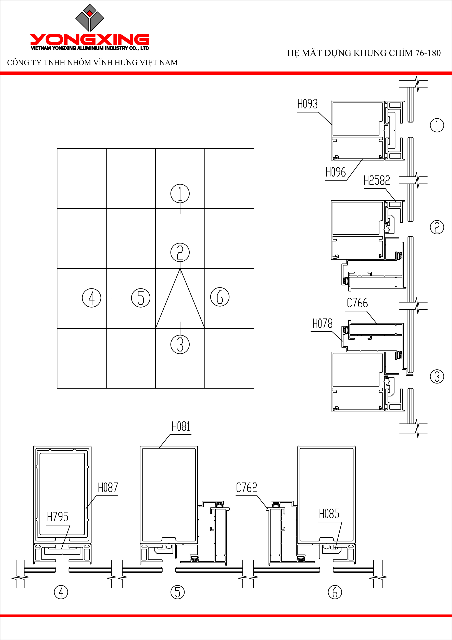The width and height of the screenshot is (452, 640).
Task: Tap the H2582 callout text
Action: (x=377, y=181)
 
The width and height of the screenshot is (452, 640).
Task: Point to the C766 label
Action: (x=357, y=303)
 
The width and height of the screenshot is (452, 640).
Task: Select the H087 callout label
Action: (x=108, y=488)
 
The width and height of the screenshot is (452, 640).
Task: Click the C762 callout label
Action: (x=247, y=488)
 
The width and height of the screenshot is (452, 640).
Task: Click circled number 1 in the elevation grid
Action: (x=180, y=193)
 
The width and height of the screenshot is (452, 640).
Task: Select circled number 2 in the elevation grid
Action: (x=180, y=252)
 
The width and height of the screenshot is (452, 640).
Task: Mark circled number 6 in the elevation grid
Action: (x=220, y=297)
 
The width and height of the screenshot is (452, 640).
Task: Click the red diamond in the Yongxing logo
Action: (x=90, y=13)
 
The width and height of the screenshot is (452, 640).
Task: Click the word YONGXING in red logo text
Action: (x=90, y=40)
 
